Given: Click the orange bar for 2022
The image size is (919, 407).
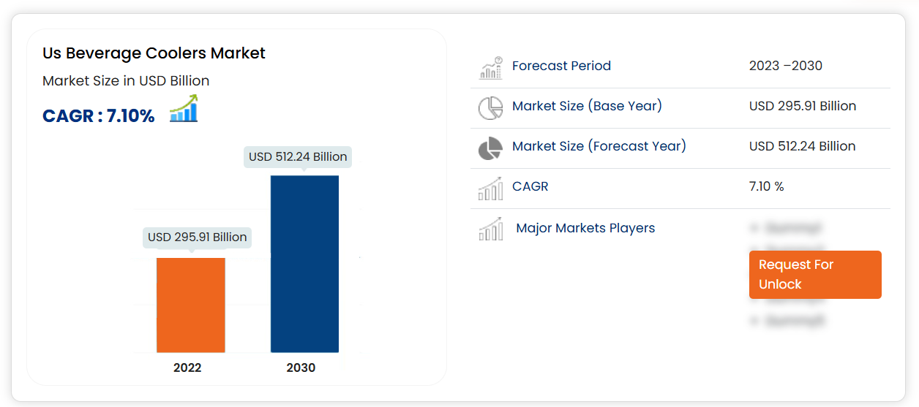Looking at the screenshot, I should pyautogui.click(x=190, y=305).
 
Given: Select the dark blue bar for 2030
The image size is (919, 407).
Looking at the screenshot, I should pyautogui.click(x=304, y=264).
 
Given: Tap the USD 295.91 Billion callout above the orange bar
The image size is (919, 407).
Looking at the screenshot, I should pyautogui.click(x=197, y=237).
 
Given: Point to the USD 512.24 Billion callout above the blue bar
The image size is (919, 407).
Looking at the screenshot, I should pyautogui.click(x=298, y=156).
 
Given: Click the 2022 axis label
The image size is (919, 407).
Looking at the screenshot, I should pyautogui.click(x=187, y=368).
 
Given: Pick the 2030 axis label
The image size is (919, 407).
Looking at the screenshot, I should pyautogui.click(x=301, y=368).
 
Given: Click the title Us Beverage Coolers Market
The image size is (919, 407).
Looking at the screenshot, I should pyautogui.click(x=154, y=53).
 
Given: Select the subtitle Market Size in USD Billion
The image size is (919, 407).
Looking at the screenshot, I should pyautogui.click(x=126, y=81).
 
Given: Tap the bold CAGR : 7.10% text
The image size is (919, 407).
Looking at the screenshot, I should pyautogui.click(x=99, y=115).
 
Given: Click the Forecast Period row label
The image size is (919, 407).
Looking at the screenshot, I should pyautogui.click(x=561, y=66).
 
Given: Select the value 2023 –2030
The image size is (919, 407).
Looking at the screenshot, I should pyautogui.click(x=785, y=66).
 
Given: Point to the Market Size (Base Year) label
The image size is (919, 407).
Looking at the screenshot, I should pyautogui.click(x=587, y=106).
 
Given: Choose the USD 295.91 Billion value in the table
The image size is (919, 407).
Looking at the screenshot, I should pyautogui.click(x=802, y=106).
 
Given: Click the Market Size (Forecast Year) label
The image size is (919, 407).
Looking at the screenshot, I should pyautogui.click(x=599, y=146).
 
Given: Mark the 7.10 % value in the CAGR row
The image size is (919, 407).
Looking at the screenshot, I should pyautogui.click(x=766, y=186).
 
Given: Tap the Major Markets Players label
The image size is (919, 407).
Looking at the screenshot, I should pyautogui.click(x=585, y=228).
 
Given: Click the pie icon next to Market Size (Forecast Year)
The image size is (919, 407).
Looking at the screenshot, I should pyautogui.click(x=490, y=148).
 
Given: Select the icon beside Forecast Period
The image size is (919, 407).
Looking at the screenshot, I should pyautogui.click(x=490, y=67).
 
